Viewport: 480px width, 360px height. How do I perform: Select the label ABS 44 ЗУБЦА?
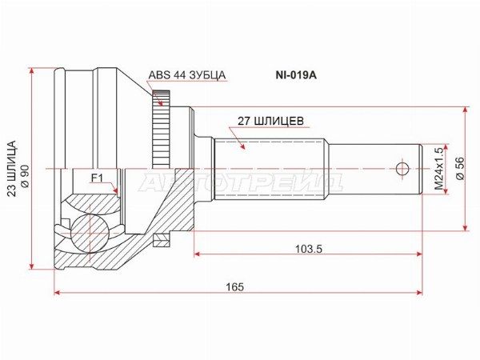187,75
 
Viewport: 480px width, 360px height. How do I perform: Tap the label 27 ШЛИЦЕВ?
270,122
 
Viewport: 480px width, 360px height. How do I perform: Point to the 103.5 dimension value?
308,249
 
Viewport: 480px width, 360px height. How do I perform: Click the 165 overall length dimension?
234,286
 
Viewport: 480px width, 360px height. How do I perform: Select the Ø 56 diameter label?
459,169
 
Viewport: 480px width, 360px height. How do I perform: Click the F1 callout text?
97,177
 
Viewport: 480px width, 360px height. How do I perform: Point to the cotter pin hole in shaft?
402,169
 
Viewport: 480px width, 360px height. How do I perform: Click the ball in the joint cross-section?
89,232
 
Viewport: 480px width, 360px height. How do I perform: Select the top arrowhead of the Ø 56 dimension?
466,111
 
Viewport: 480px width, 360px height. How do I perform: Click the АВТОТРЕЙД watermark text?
240,182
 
